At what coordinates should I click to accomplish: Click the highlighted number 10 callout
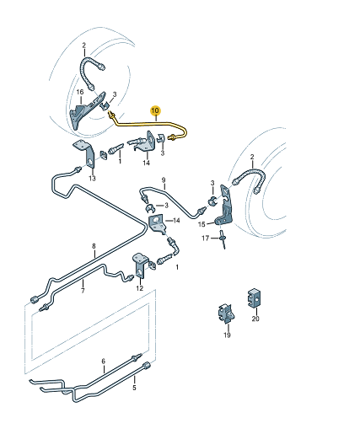(x=155, y=110)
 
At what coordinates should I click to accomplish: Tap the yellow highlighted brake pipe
(x=149, y=123)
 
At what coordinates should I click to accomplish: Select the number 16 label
(x=80, y=92)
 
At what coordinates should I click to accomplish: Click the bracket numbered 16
(x=88, y=110)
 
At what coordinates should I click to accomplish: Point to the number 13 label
(x=92, y=178)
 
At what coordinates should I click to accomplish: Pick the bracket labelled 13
(x=85, y=154)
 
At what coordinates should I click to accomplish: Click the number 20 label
(x=255, y=319)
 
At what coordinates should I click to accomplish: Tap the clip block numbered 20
(x=254, y=298)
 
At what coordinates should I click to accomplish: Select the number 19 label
(x=227, y=335)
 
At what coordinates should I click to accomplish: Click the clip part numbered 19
(x=226, y=313)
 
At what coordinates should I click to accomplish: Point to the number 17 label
(x=206, y=238)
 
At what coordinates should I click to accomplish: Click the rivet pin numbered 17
(x=223, y=239)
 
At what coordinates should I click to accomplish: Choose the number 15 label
(x=201, y=224)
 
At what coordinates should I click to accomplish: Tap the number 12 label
(x=140, y=288)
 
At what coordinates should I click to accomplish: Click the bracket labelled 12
(x=140, y=265)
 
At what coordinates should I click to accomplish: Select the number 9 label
(x=164, y=179)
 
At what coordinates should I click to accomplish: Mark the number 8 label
(x=94, y=246)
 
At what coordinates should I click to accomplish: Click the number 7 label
(x=83, y=291)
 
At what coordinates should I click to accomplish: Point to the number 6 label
(x=103, y=362)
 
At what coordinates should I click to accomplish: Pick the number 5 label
(x=134, y=388)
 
